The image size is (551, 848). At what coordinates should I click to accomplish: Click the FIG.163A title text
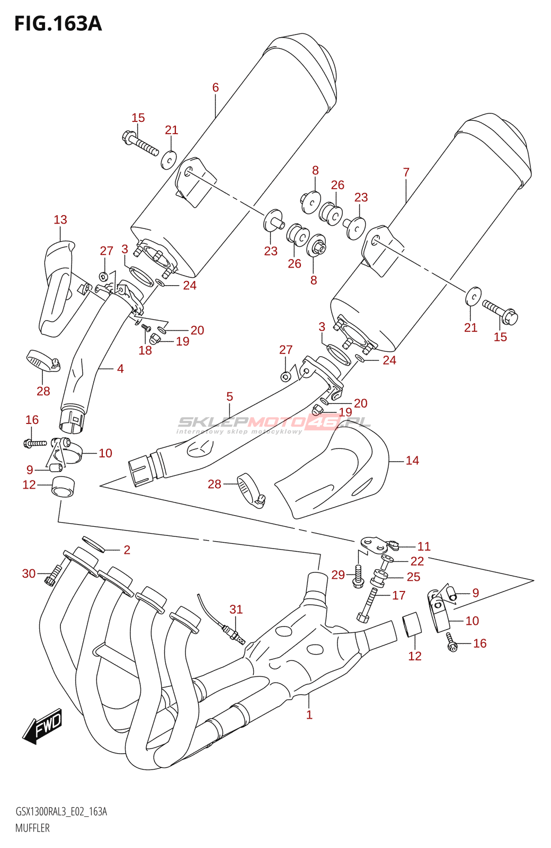click(58, 23)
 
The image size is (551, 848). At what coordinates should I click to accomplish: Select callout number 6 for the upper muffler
click(216, 87)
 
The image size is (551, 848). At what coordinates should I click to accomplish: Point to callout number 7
click(406, 172)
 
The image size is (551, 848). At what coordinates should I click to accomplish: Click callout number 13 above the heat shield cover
click(60, 219)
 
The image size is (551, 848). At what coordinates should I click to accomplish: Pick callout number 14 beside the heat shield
click(412, 461)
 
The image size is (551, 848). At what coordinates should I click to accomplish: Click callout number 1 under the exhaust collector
click(309, 714)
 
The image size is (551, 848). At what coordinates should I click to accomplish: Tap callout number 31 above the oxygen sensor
click(236, 609)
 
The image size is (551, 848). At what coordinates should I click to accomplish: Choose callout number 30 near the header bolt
click(29, 573)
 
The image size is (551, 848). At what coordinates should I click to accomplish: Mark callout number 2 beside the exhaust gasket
click(127, 550)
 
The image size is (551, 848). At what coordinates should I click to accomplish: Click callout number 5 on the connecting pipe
click(229, 396)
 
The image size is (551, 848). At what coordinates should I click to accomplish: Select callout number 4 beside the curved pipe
click(120, 368)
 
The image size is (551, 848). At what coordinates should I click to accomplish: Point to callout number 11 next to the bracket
click(424, 546)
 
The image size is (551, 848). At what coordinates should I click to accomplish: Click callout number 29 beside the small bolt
click(338, 575)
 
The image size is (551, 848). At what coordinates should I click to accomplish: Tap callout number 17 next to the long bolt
click(399, 595)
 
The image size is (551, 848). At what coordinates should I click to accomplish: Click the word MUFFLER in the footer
click(32, 828)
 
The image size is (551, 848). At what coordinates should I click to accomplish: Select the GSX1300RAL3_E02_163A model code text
click(61, 811)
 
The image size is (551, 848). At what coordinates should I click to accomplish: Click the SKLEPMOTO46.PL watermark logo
click(273, 423)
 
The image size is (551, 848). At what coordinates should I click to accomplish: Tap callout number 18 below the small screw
click(145, 350)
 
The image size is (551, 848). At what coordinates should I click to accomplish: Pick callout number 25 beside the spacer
click(413, 577)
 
